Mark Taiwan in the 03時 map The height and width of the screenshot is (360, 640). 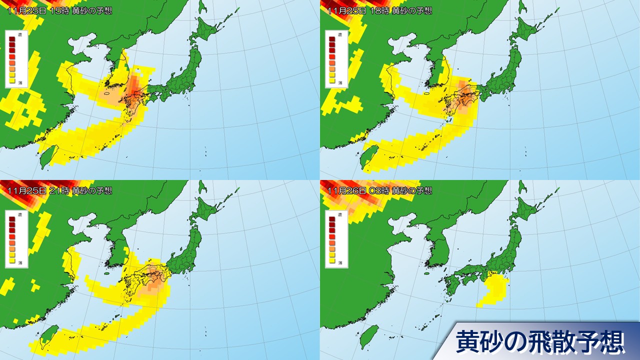tap(368, 336)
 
